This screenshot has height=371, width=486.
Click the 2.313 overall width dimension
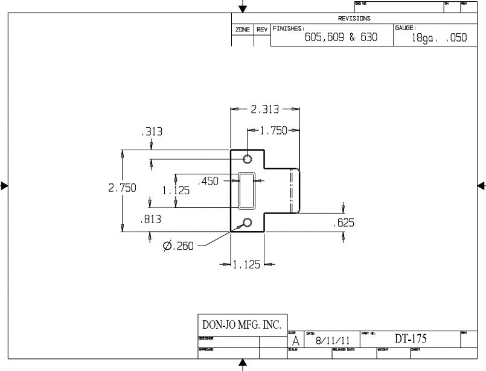(x=264, y=109)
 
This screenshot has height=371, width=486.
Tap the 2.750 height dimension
(x=122, y=188)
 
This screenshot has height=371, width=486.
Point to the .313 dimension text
(x=151, y=132)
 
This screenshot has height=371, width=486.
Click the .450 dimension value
(x=208, y=180)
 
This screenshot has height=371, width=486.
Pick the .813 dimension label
(x=150, y=220)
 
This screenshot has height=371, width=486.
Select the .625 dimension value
(x=344, y=223)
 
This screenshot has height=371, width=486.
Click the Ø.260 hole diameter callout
(x=178, y=246)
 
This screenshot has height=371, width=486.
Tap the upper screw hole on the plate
(x=248, y=159)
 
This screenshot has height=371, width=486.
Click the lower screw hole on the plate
(x=248, y=223)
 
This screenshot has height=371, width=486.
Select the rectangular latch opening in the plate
(x=247, y=191)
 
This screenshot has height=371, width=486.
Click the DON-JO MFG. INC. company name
(x=242, y=325)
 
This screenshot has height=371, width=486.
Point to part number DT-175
(x=411, y=339)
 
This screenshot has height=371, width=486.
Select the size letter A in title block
(x=295, y=341)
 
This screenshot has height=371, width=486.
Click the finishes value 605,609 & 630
(x=341, y=37)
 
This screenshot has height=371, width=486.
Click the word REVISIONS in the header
(x=354, y=19)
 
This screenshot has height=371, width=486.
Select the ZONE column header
(x=242, y=30)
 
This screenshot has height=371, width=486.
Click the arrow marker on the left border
(x=4, y=186)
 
